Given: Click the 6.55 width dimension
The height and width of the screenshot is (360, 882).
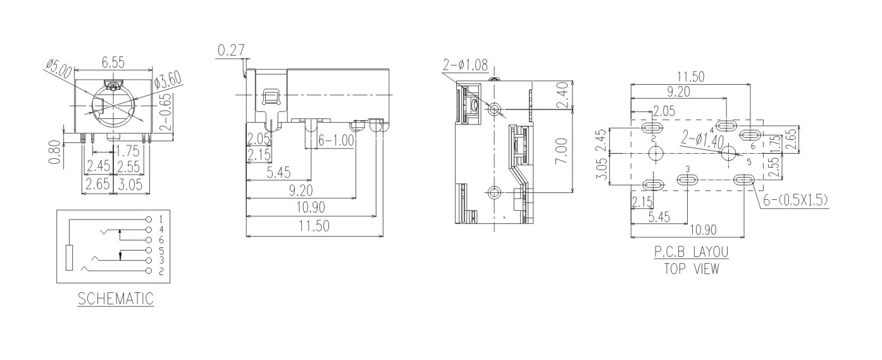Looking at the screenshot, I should (114, 63).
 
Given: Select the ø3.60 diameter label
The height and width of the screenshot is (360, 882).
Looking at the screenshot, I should (168, 80).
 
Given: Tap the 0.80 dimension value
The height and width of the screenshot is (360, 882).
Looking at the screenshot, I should (55, 152).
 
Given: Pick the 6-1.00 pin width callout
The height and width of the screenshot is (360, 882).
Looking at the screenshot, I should (336, 140).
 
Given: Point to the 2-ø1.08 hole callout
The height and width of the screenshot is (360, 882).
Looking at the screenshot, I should (466, 65).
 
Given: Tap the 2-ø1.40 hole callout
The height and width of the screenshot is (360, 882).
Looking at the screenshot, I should (702, 139).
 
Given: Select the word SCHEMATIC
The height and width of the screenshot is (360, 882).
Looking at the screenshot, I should (116, 299).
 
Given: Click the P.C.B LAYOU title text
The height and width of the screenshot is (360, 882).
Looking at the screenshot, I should (691, 252).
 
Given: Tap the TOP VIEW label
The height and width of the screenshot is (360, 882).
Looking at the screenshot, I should (691, 268).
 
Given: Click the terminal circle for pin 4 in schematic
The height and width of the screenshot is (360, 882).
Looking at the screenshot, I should (149, 229).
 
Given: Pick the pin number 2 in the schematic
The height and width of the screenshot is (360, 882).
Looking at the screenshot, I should (161, 271).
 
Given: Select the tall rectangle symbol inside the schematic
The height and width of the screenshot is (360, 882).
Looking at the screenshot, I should (70, 258).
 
